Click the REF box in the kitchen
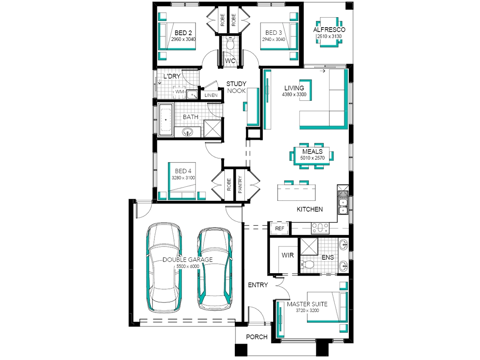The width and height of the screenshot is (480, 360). (279, 228)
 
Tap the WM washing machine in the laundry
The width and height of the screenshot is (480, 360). (179, 92)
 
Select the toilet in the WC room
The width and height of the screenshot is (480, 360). (230, 44)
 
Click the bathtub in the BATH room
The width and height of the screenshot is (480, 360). (166, 120)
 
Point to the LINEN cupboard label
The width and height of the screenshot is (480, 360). (211, 95)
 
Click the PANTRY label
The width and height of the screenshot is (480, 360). (240, 185)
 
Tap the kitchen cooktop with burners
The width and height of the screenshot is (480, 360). (320, 228)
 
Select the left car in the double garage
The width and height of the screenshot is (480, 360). (164, 267)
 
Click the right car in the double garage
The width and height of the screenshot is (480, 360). (215, 269)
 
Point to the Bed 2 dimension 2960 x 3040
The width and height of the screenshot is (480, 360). (183, 39)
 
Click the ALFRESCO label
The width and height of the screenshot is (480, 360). (329, 30)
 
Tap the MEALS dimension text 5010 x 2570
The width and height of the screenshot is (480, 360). (312, 158)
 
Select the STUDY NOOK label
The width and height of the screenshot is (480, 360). (236, 87)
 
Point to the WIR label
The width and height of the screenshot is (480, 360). (288, 255)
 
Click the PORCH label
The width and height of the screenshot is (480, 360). (257, 337)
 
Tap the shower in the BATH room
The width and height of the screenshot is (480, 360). (212, 128)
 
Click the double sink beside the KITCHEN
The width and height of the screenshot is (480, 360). (343, 206)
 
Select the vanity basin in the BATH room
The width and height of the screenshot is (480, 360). (188, 132)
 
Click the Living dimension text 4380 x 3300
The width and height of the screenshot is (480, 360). (294, 94)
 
